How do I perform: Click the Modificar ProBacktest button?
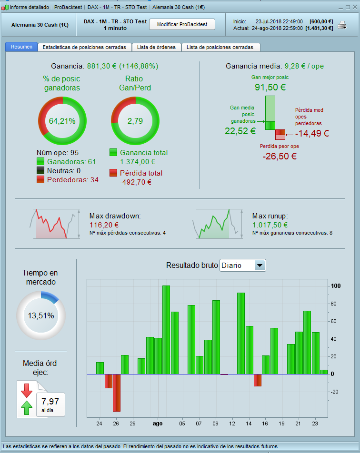pos(182,24)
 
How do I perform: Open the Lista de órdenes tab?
pos(156,47)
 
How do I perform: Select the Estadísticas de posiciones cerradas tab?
pos(84,47)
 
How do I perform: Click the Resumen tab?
pos(21,47)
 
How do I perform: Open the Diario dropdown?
pos(242,265)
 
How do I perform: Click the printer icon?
pos(342,25)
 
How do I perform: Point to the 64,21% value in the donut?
pos(62,121)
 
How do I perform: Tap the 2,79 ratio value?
pos(135,121)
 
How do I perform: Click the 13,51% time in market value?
pos(40,315)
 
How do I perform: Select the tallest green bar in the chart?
pos(166,329)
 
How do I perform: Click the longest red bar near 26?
pos(117,393)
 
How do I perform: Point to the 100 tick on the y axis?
pos(336,286)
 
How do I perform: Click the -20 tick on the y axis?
pos(335,392)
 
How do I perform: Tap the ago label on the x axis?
pos(158,423)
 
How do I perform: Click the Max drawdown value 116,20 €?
pos(104,225)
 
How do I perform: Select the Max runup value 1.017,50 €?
pos(270,225)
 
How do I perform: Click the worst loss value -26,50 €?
pos(280,156)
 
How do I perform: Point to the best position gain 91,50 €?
pos(270,87)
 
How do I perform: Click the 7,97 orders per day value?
pos(50,401)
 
